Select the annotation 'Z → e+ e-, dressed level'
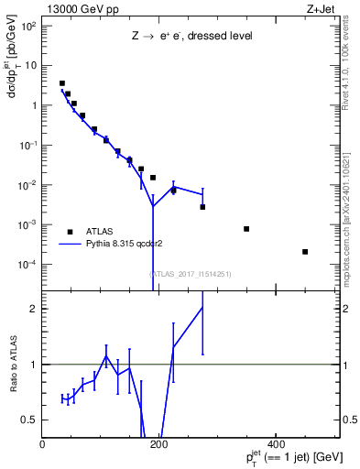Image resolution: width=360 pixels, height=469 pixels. point(191,37)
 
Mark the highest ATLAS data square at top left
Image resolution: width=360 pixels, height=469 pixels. point(62,83)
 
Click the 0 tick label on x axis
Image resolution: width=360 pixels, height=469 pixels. point(43,444)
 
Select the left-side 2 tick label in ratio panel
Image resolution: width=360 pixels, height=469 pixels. point(36,309)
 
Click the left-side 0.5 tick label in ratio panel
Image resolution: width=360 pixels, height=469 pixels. point(32,420)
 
